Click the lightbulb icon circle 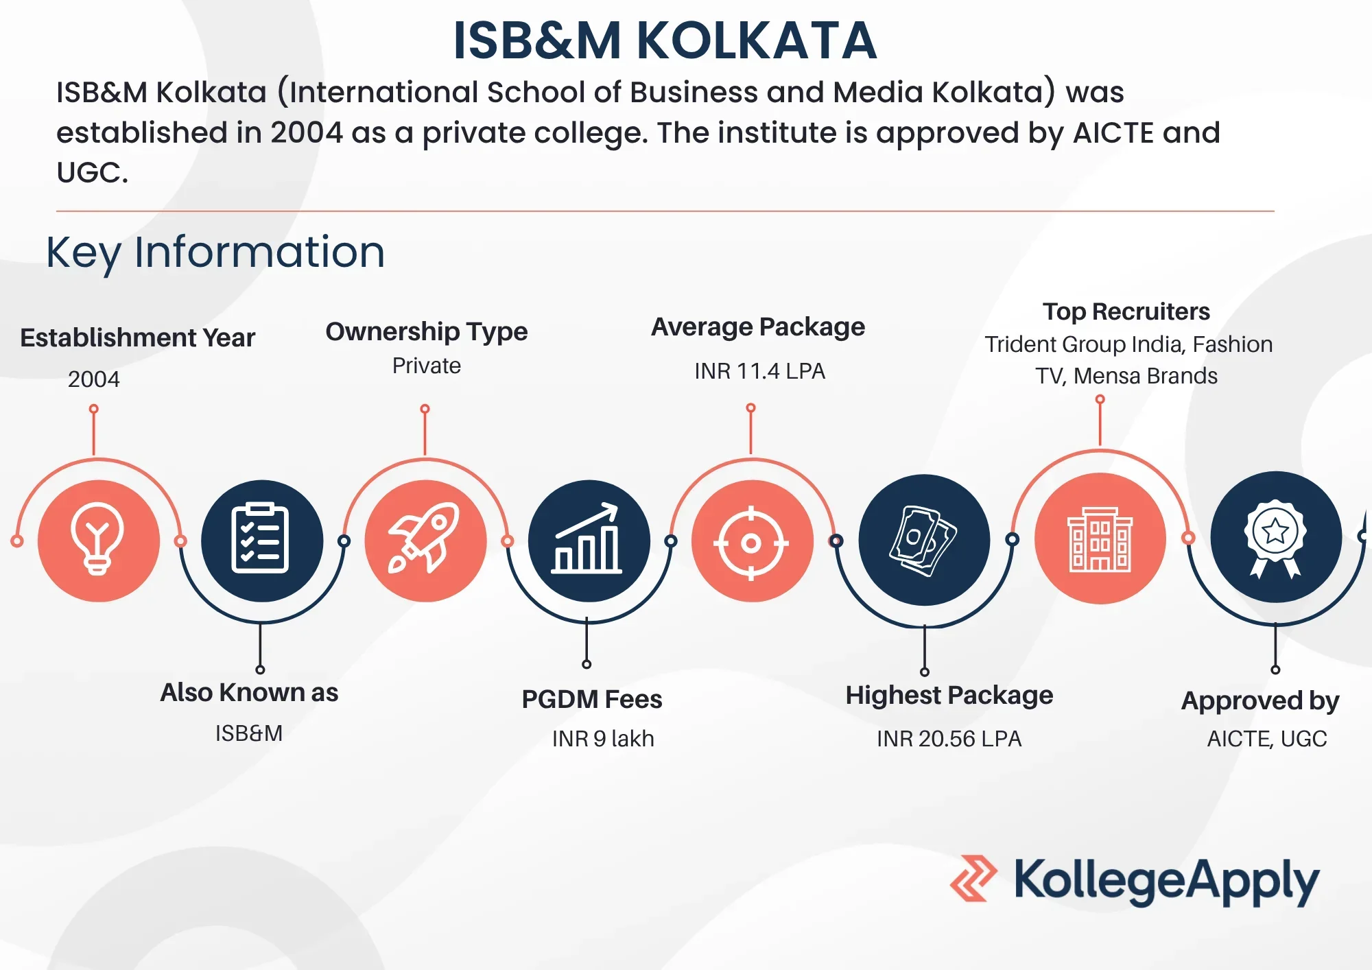click(99, 541)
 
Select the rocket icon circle click(425, 541)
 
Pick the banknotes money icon click(924, 540)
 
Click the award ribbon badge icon click(1276, 537)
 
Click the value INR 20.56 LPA click(949, 739)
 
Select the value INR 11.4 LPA click(759, 371)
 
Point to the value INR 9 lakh click(603, 739)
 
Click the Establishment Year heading click(137, 338)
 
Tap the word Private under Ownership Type click(426, 366)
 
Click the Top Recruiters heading click(1126, 311)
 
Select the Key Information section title click(215, 252)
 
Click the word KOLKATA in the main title click(757, 40)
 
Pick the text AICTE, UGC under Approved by click(1267, 739)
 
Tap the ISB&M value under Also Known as click(249, 733)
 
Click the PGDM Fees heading click(592, 699)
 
